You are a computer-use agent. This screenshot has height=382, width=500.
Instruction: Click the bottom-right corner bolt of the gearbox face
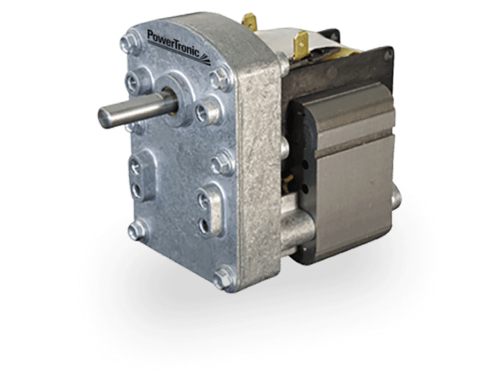point(223,279)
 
